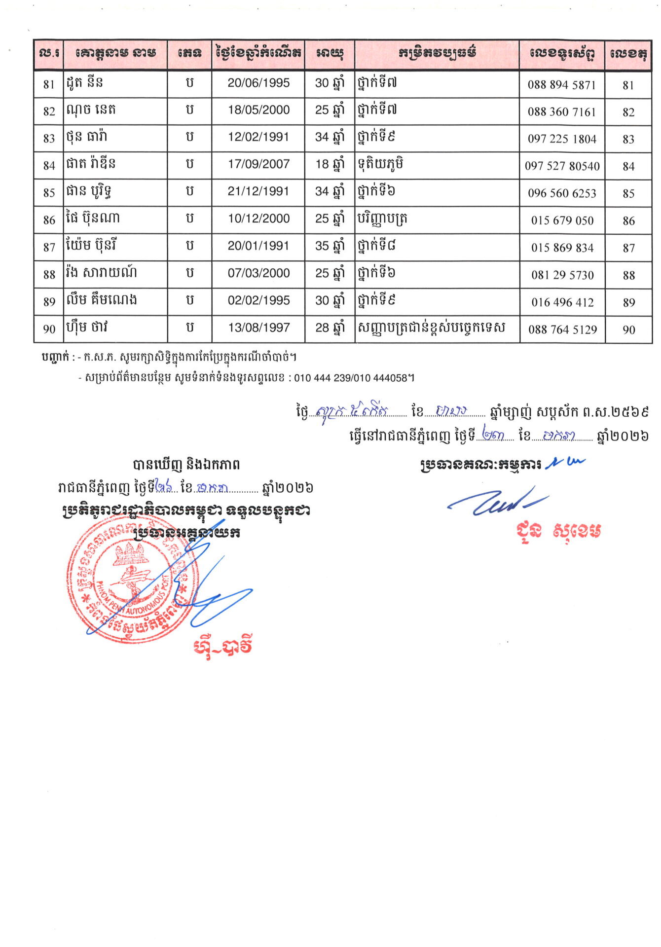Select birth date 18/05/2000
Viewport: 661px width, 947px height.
(258, 110)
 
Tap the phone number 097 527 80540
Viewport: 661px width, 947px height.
(562, 166)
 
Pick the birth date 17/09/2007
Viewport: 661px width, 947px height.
(258, 164)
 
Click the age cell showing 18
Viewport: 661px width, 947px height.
(329, 164)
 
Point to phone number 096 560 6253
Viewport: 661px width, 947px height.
(562, 193)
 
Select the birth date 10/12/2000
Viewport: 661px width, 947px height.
(258, 219)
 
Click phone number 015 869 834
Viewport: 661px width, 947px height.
(562, 248)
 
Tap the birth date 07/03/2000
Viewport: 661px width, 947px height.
(258, 273)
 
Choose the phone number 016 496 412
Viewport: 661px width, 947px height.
(562, 302)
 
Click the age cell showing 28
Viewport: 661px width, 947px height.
(329, 328)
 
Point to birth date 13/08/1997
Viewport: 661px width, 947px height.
(258, 328)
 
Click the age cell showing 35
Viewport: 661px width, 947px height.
(329, 246)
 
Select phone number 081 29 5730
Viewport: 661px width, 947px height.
(562, 275)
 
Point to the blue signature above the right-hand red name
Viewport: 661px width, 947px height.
(498, 501)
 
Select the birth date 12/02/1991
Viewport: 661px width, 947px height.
(258, 137)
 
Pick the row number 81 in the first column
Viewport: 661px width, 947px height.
(49, 85)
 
